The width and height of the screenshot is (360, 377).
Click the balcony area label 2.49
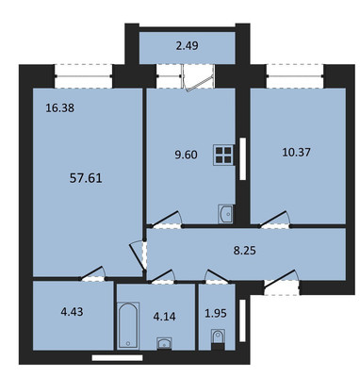(x=187, y=46)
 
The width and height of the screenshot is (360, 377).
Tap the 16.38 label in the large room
(x=60, y=108)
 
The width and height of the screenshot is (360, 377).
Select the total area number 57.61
(x=86, y=179)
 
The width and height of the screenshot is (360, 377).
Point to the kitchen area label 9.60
(x=187, y=155)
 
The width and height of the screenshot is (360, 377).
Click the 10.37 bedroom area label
(x=296, y=153)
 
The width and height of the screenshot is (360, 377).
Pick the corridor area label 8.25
(x=245, y=251)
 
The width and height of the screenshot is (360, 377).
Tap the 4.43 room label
(x=72, y=312)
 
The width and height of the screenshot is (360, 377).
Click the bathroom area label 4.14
(x=164, y=317)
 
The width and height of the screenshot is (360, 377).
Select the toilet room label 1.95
(x=216, y=313)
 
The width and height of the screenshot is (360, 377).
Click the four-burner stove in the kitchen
(x=223, y=155)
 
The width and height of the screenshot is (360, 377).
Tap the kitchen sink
(x=225, y=214)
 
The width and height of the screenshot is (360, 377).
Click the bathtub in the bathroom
(x=128, y=325)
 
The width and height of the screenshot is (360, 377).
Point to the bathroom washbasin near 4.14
(x=164, y=343)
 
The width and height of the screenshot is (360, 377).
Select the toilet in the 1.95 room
(x=218, y=339)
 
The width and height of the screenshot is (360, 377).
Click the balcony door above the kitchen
(x=199, y=78)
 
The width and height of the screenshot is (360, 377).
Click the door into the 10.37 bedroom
(x=274, y=220)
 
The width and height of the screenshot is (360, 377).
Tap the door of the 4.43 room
(x=92, y=273)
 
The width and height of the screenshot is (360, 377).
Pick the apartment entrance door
(x=282, y=282)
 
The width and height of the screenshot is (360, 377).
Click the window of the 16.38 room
(x=84, y=76)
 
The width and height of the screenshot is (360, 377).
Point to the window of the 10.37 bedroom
(x=295, y=76)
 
